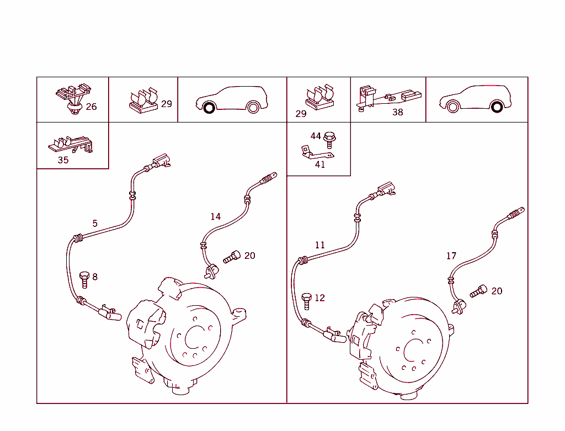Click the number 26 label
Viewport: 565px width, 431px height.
point(91,107)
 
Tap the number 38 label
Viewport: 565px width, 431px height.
point(397,112)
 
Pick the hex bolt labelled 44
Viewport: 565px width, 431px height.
point(330,138)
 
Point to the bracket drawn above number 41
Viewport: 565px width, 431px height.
point(311,152)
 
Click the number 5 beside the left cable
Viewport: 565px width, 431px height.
point(95,224)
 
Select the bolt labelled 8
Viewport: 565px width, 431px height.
point(84,279)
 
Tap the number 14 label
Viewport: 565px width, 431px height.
point(215,217)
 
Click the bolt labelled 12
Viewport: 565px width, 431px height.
point(307,301)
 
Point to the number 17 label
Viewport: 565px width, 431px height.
point(451,256)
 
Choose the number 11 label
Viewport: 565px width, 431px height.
point(319,245)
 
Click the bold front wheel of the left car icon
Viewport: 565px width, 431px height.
point(209,108)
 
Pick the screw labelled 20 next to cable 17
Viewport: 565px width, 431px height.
point(478,291)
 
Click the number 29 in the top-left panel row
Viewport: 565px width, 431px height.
point(166,104)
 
